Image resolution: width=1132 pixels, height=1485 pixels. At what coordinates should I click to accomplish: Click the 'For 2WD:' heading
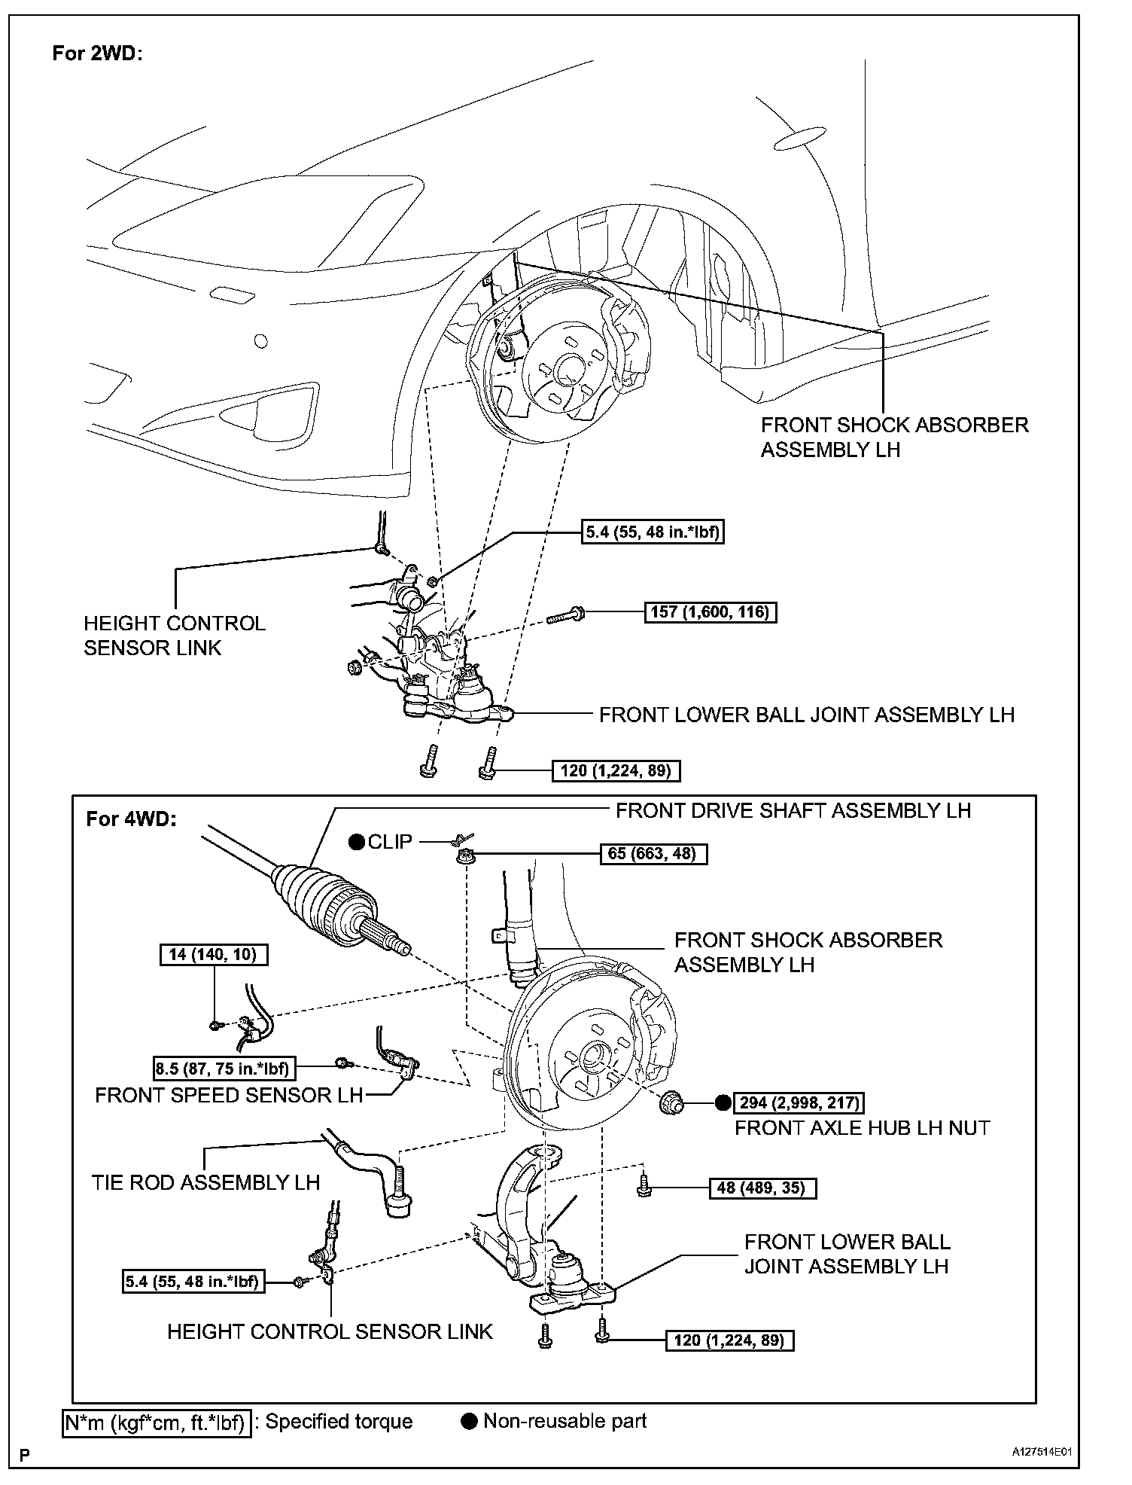[x=97, y=53]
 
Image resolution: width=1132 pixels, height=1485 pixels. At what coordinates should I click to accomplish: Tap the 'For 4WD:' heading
[x=131, y=819]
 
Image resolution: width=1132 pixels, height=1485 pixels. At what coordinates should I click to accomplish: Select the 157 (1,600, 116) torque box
[x=710, y=611]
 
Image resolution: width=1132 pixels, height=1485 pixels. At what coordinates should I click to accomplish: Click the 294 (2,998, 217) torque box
[x=799, y=1103]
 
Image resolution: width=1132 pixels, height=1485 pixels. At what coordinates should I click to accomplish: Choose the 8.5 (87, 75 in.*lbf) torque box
[x=224, y=1068]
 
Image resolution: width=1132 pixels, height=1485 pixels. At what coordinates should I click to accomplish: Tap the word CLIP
[x=390, y=842]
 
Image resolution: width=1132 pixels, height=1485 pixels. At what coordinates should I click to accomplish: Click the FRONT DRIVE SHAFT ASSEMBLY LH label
[x=793, y=810]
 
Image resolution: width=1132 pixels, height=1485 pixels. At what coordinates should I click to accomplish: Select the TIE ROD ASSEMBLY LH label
[x=205, y=1182]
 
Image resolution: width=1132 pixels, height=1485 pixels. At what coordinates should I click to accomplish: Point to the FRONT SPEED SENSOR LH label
[x=229, y=1095]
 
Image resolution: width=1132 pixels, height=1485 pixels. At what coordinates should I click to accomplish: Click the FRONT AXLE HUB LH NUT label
[x=862, y=1127]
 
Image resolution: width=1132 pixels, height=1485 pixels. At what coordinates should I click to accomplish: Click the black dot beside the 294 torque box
[x=723, y=1103]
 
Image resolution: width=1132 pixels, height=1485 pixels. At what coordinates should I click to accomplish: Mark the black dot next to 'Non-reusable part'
[x=470, y=1422]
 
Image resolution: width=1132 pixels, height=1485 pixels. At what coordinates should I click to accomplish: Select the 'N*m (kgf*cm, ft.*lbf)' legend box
[x=155, y=1422]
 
